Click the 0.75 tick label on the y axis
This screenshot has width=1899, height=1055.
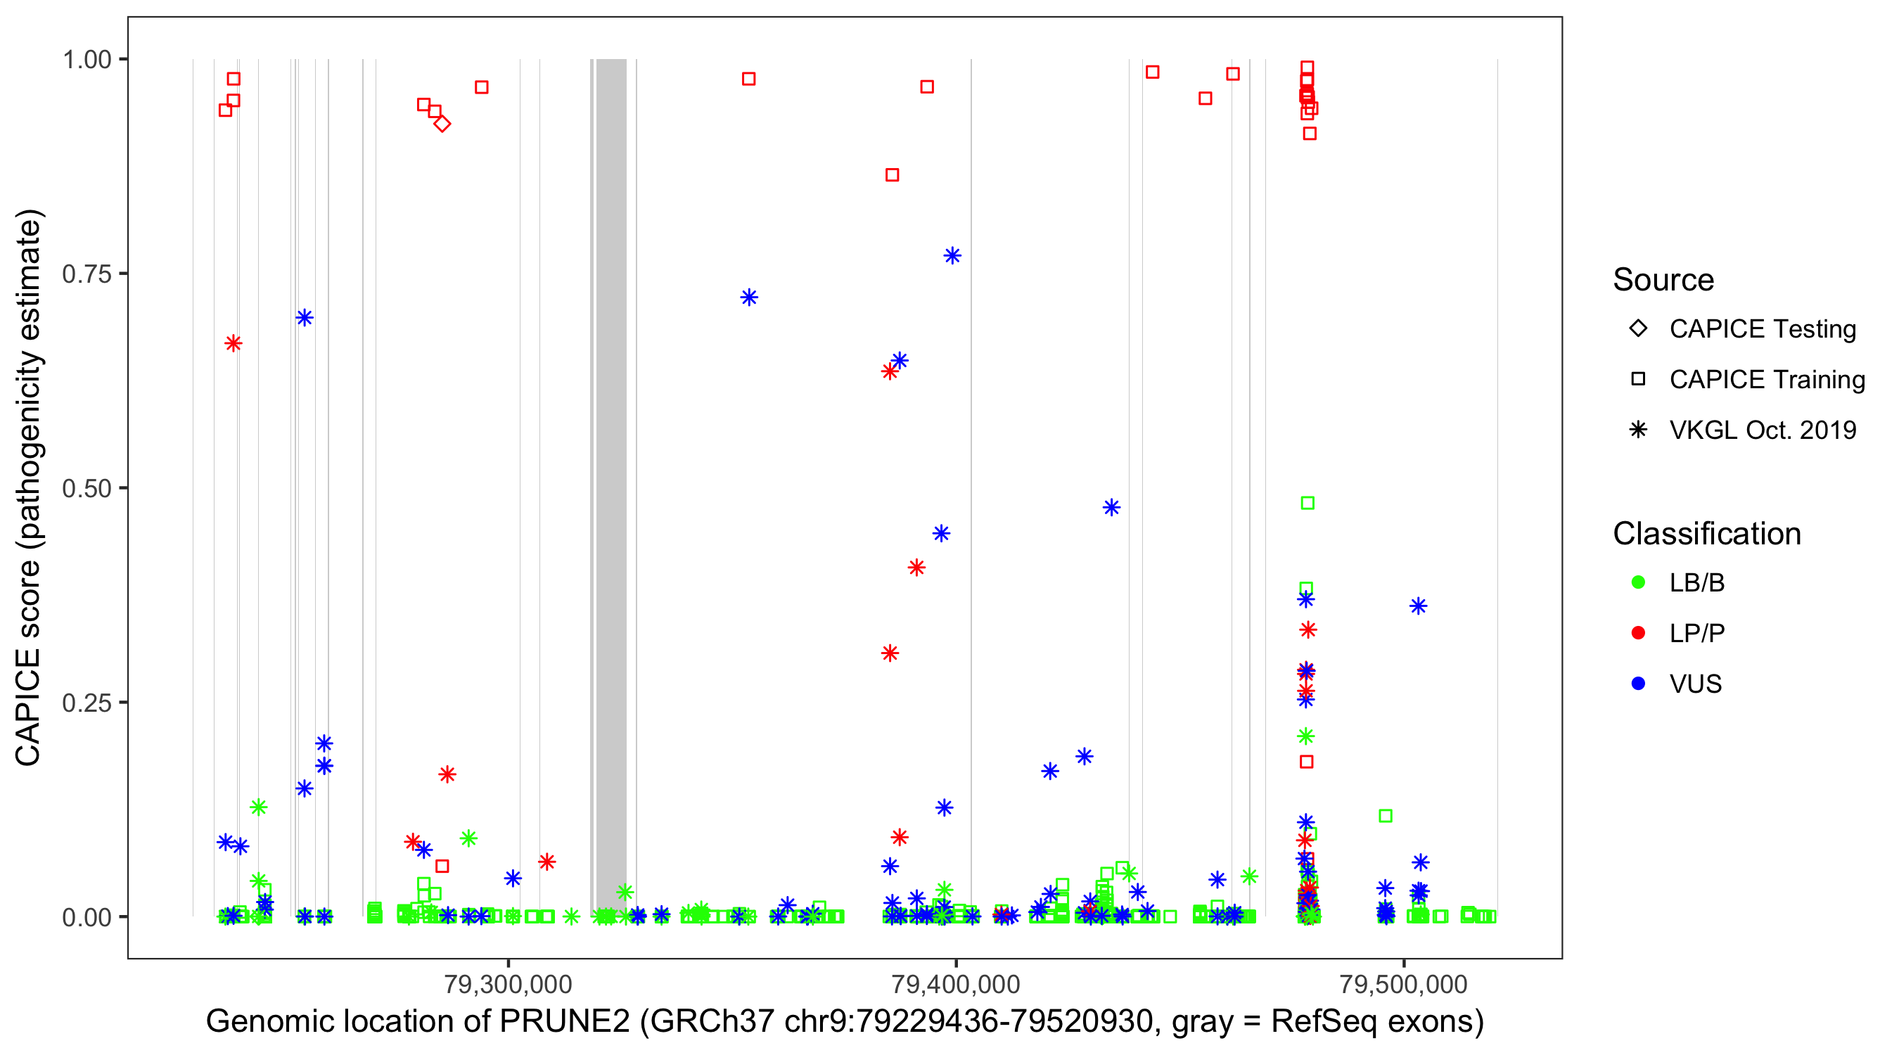[86, 274]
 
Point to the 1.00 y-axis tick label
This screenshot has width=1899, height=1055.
[86, 59]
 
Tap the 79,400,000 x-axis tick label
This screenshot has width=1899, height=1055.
[955, 983]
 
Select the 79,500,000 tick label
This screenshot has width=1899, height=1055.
[1403, 983]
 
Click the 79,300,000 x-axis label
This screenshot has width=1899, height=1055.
[508, 983]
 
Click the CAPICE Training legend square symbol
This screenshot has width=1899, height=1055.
[1638, 379]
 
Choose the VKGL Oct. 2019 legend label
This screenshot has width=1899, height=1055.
[1763, 430]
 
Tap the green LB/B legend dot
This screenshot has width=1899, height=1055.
[1638, 582]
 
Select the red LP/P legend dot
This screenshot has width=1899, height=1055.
[1638, 633]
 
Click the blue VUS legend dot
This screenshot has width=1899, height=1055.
[1638, 684]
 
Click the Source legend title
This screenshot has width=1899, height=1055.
[1663, 280]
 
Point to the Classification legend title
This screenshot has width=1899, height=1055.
[1706, 534]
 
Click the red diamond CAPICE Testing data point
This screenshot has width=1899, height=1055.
[442, 124]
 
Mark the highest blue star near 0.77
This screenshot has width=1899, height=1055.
[952, 256]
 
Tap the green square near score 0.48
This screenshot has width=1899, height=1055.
[1307, 503]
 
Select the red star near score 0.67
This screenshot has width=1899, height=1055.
[233, 343]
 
